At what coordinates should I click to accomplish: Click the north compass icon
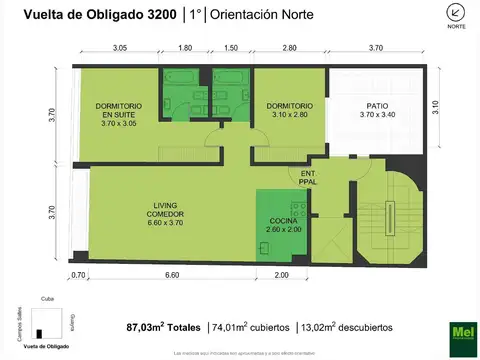coord(456,13)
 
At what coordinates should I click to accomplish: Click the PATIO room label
coord(378,111)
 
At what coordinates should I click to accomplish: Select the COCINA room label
coord(283,225)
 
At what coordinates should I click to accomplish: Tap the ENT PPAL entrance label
coord(306,177)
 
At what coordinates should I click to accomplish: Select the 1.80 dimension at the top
coord(186,48)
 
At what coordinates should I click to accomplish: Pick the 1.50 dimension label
coord(230,48)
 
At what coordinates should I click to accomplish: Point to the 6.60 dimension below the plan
coord(171,275)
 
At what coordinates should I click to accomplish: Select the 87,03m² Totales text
coord(163,327)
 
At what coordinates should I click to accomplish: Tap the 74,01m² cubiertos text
coord(250,327)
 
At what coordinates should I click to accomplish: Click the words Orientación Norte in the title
coord(267,14)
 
